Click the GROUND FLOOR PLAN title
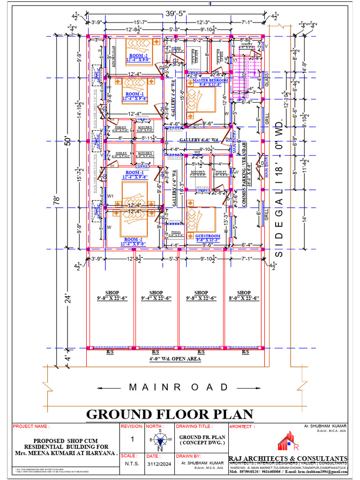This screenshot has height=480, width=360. pyautogui.click(x=170, y=414)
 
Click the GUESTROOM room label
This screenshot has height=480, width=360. pyautogui.click(x=208, y=236)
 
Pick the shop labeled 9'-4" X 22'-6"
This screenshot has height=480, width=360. pyautogui.click(x=156, y=296)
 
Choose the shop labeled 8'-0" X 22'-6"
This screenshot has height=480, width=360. pyautogui.click(x=244, y=296)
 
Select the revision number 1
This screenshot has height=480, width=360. pyautogui.click(x=132, y=439)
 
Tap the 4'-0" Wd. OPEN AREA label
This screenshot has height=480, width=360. pyautogui.click(x=176, y=359)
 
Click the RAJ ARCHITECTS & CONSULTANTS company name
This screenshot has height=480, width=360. pyautogui.click(x=288, y=458)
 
